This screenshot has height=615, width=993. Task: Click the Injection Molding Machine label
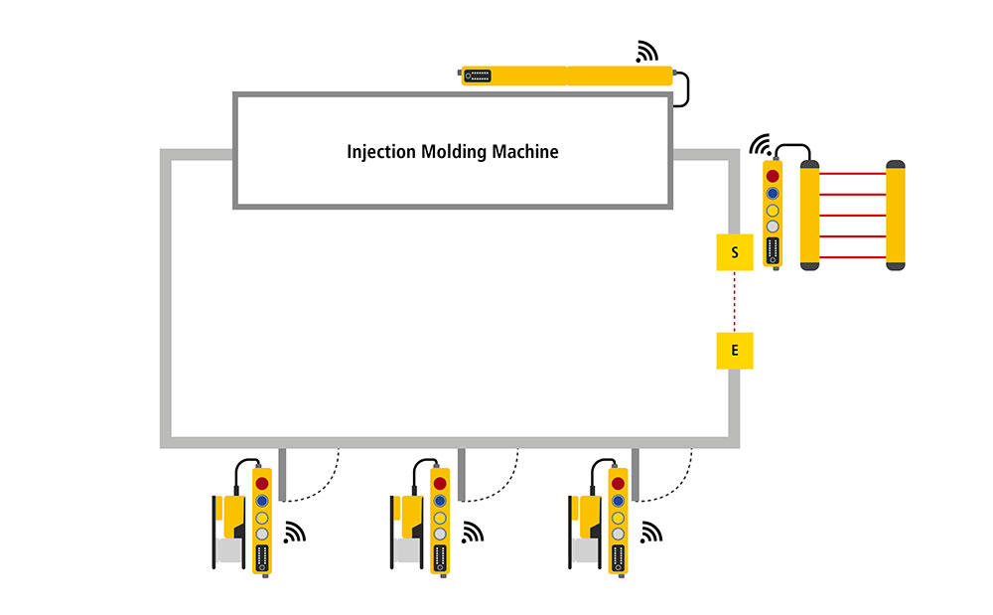coord(452,152)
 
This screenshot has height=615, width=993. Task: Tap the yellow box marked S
coord(735,252)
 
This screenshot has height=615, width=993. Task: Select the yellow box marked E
coord(735,350)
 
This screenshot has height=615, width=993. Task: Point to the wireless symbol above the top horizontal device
coord(647,51)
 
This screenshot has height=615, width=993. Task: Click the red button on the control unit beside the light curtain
coord(773,176)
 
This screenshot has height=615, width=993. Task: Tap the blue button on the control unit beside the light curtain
coord(773,193)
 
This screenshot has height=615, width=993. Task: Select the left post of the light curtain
coord(810,215)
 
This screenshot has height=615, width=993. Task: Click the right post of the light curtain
coord(896,215)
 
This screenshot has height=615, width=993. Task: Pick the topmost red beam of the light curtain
coord(853,174)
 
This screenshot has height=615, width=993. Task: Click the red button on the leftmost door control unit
coord(262,483)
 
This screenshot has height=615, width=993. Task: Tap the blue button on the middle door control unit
coord(440,500)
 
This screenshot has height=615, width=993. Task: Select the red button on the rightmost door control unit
coord(619,483)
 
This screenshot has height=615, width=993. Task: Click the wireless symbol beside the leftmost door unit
coord(294,534)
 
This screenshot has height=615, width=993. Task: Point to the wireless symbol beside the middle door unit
coord(473,534)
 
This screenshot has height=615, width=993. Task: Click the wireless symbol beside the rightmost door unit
coord(650,534)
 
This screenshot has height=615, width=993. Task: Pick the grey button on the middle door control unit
coord(440,534)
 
